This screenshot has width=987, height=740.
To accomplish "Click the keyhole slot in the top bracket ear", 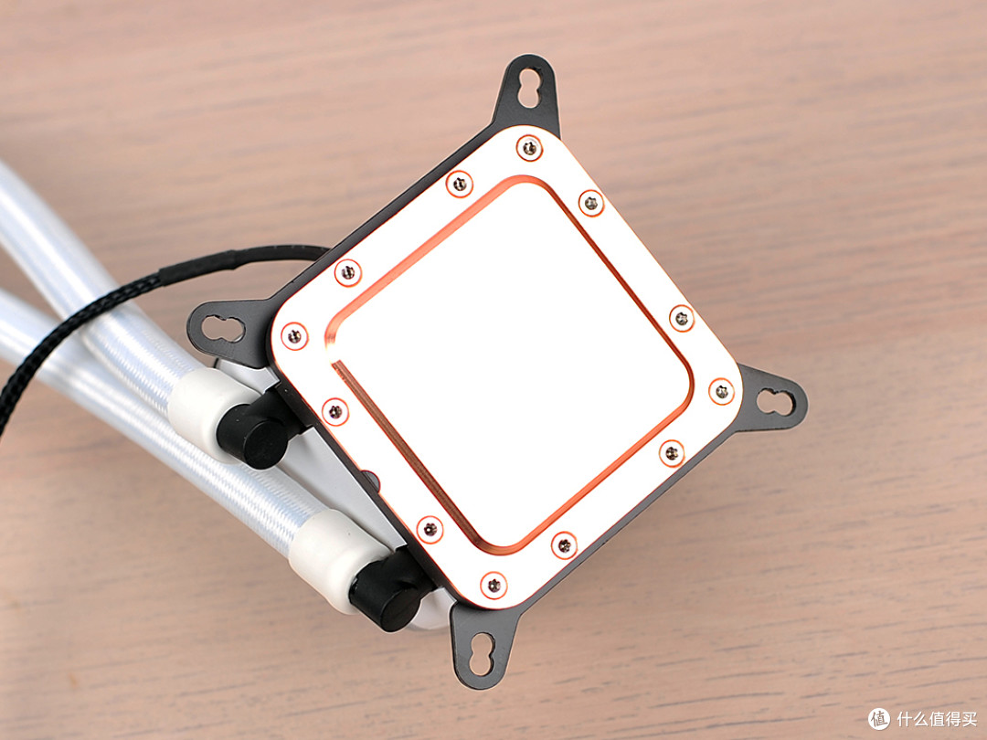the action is click(529, 88).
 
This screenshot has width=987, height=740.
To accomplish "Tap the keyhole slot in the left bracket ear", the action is click(223, 329).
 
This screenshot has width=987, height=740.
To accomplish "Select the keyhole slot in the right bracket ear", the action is click(775, 402).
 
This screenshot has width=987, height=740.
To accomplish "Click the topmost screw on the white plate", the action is click(529, 149).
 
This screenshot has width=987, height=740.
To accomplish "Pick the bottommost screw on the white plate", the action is click(493, 586).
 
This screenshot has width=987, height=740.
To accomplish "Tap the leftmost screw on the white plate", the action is click(294, 336).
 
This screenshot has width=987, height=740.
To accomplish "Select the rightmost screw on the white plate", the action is click(721, 391).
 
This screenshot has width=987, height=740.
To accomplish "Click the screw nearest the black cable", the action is click(347, 272).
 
